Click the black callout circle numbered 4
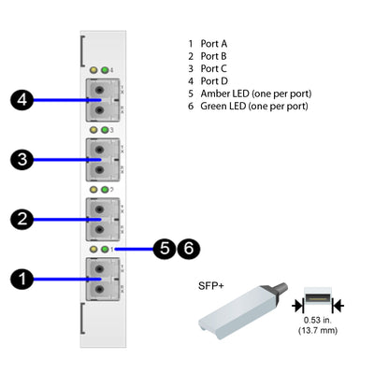20,100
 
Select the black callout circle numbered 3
20,160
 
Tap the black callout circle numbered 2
20,219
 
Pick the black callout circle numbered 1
20,278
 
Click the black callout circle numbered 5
165,249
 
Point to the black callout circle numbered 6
188,249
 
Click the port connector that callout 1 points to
99,278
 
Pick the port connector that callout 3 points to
99,159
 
